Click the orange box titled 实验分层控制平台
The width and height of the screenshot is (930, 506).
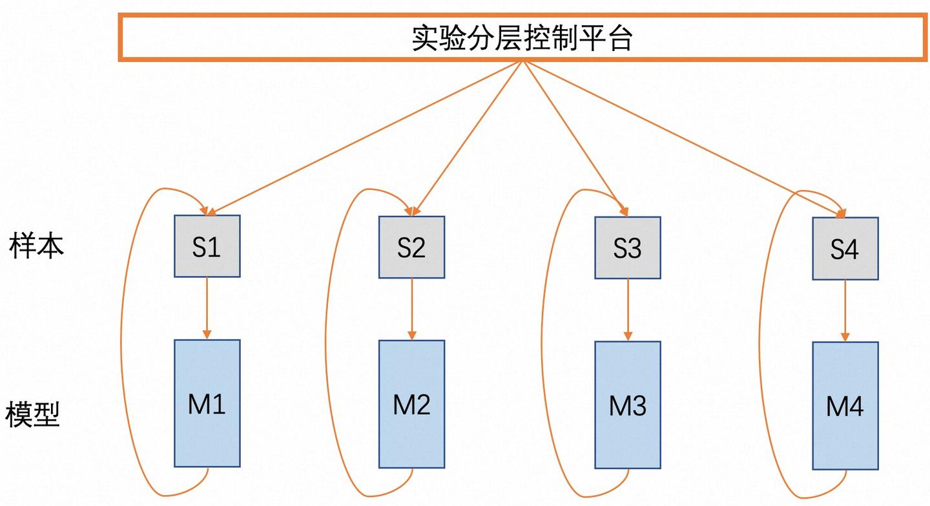pyautogui.click(x=522, y=38)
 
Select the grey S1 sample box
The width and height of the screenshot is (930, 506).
pyautogui.click(x=207, y=246)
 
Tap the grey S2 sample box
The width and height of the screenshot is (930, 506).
pyautogui.click(x=411, y=248)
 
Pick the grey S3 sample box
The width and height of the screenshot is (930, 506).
pyautogui.click(x=627, y=248)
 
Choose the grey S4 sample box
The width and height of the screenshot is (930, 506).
pyautogui.click(x=845, y=249)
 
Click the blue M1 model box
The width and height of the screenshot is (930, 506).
pyautogui.click(x=207, y=403)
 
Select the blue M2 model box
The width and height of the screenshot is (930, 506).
pyautogui.click(x=411, y=405)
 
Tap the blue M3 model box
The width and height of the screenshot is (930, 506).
pyautogui.click(x=627, y=405)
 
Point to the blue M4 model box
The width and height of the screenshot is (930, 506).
pyautogui.click(x=845, y=406)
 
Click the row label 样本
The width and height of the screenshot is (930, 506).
pyautogui.click(x=37, y=246)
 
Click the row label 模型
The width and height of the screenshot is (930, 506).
pyautogui.click(x=33, y=414)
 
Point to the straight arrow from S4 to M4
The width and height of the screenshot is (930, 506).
pyautogui.click(x=845, y=311)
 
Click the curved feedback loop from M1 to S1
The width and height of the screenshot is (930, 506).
pyautogui.click(x=121, y=343)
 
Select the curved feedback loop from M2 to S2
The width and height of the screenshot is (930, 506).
pyautogui.click(x=327, y=343)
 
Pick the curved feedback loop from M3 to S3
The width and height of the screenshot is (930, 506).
pyautogui.click(x=542, y=343)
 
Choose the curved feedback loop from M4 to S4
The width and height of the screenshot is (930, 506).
pyautogui.click(x=760, y=343)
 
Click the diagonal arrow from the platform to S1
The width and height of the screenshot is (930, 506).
pyautogui.click(x=365, y=138)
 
